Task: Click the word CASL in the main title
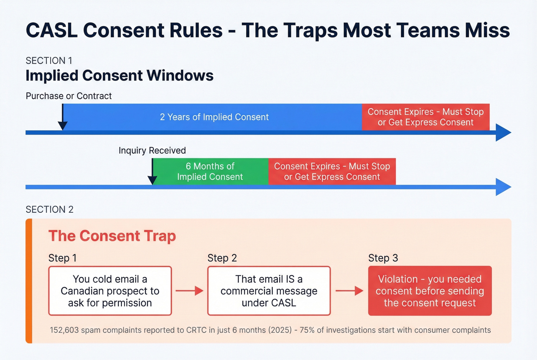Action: (51, 30)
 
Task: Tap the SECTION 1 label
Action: (49, 61)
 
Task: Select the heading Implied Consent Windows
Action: (119, 76)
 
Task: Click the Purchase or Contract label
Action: (69, 96)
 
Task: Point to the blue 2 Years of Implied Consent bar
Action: (214, 117)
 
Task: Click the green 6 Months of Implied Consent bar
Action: (210, 171)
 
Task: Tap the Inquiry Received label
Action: (152, 150)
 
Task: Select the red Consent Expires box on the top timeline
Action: (425, 117)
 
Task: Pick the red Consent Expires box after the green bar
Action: (332, 171)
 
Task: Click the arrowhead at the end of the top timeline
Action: (503, 133)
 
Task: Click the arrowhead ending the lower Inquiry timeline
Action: (503, 187)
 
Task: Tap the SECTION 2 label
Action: (49, 209)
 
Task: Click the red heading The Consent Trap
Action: (112, 236)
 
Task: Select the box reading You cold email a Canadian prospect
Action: (110, 291)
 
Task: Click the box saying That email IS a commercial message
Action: (269, 291)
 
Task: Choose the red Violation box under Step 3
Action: (430, 291)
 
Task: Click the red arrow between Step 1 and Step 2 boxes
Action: (189, 291)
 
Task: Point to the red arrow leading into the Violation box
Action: (349, 291)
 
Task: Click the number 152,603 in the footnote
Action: (64, 330)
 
